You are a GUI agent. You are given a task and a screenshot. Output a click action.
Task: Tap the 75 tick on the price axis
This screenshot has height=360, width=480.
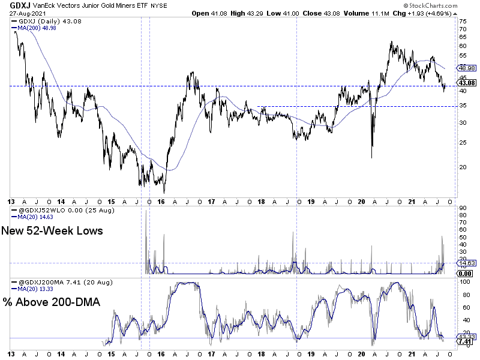coord(463,20)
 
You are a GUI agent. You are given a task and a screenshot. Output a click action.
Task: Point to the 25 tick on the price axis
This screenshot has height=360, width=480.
coord(463,142)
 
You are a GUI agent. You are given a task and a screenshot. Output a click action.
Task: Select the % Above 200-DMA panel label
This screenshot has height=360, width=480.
coord(52,302)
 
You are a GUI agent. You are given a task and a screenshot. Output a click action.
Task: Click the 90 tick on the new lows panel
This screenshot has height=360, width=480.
coord(463,209)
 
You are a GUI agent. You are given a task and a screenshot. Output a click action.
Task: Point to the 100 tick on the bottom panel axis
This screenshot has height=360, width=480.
coord(464,295)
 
